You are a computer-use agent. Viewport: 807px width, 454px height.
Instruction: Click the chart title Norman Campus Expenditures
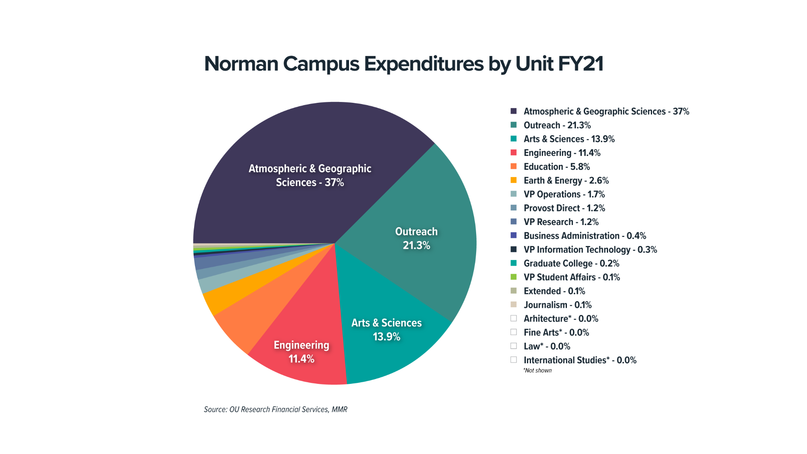click(x=403, y=64)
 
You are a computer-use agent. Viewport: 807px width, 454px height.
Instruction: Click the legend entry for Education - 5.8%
click(x=556, y=167)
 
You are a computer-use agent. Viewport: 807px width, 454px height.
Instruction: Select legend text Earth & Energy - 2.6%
click(x=566, y=181)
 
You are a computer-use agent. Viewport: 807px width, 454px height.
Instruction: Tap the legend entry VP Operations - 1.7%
click(x=564, y=194)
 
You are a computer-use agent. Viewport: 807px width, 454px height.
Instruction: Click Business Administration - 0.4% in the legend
click(x=584, y=236)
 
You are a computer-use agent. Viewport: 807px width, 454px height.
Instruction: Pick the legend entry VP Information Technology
click(x=590, y=250)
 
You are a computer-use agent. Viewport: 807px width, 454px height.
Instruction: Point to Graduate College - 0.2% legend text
click(x=571, y=263)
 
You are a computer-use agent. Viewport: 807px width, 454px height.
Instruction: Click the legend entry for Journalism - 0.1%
click(x=557, y=305)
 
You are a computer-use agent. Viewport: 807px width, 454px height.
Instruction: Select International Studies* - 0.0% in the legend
click(x=579, y=360)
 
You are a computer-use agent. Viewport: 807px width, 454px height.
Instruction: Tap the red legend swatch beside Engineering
click(x=514, y=153)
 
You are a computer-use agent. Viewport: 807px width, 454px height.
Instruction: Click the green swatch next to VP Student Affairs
click(x=514, y=277)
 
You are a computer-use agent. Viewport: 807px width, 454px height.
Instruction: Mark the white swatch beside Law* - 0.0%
click(x=514, y=346)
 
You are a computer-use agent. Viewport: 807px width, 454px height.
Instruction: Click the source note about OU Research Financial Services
click(x=275, y=410)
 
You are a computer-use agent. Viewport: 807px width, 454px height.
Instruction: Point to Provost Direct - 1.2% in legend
click(x=564, y=208)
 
